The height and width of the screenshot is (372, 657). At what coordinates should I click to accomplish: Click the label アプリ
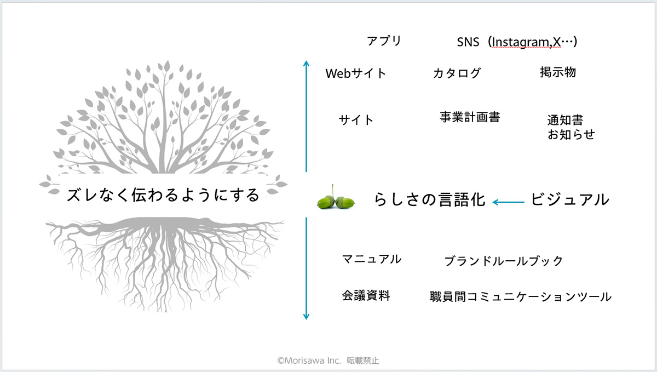tap(384, 41)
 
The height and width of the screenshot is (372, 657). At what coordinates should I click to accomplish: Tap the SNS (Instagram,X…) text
tap(517, 42)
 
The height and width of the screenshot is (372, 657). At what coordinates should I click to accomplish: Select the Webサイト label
tap(355, 73)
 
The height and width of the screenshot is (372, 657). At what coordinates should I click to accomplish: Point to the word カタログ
tap(457, 73)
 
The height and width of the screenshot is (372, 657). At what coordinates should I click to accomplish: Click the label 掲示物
tap(558, 72)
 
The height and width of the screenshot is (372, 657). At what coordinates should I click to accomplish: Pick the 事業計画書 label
tap(470, 117)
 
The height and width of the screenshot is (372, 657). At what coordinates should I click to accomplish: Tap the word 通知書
tap(565, 120)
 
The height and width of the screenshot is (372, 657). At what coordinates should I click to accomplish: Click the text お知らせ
tap(570, 134)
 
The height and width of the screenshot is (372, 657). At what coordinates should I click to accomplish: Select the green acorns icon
tap(336, 198)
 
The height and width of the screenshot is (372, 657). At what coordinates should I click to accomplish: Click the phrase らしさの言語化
tap(429, 199)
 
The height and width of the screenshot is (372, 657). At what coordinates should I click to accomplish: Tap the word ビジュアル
tap(569, 199)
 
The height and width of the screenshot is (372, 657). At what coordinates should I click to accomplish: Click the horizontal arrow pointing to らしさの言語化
tap(508, 202)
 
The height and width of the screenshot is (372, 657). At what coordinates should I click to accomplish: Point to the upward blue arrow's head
tap(306, 61)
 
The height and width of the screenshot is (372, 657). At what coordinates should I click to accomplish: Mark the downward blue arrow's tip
tap(306, 319)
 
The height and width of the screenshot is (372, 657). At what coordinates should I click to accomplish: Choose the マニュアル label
tap(372, 259)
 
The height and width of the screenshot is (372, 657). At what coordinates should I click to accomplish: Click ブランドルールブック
tap(503, 261)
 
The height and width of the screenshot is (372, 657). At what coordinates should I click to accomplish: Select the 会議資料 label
tap(366, 296)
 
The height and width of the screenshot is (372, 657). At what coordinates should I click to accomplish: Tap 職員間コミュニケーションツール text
tap(521, 297)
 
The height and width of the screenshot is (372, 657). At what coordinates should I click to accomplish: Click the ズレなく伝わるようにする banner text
tap(163, 195)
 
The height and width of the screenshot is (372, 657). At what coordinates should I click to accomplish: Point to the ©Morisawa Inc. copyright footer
tap(328, 360)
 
